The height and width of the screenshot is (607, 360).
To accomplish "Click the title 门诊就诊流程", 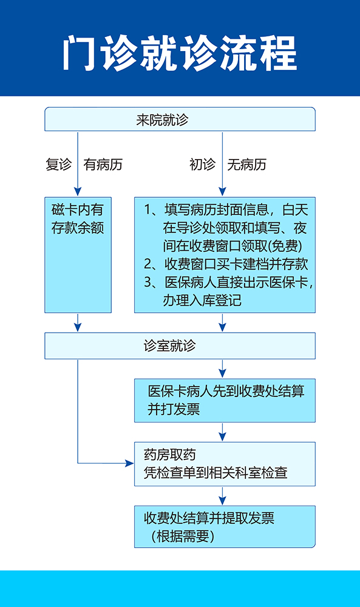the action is point(180,53).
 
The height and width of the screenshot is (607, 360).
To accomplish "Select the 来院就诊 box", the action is point(180,119).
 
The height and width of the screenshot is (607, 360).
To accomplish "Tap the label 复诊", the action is point(58,164).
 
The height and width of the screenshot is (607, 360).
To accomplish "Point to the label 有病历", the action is point(103,164).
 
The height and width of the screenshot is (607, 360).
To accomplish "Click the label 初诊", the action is point(202,164).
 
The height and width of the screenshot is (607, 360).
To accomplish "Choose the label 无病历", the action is point(247,164).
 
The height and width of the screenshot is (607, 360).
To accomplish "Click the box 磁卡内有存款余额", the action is point(78,255).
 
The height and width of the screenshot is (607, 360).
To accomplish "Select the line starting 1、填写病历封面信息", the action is point(226,209).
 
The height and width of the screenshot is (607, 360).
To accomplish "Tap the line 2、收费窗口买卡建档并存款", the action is point(226,264).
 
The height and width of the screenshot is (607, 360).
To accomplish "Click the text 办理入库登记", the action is point(202,300).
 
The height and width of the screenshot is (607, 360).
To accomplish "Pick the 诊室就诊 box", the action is point(180,346).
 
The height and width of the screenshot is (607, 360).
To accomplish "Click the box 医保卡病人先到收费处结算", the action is point(225,400).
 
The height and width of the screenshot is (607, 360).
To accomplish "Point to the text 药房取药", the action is point(170,455).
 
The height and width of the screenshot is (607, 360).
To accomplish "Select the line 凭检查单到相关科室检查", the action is point(216,473).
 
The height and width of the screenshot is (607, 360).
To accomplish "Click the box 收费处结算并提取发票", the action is point(225,526).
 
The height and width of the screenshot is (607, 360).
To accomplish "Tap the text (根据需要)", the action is point(183,537).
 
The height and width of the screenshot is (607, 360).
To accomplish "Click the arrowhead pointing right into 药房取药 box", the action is point(129,463).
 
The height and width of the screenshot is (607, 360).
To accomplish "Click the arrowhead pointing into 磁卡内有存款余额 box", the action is point(78,191).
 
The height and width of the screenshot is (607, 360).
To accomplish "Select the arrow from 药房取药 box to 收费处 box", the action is point(222,496).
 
